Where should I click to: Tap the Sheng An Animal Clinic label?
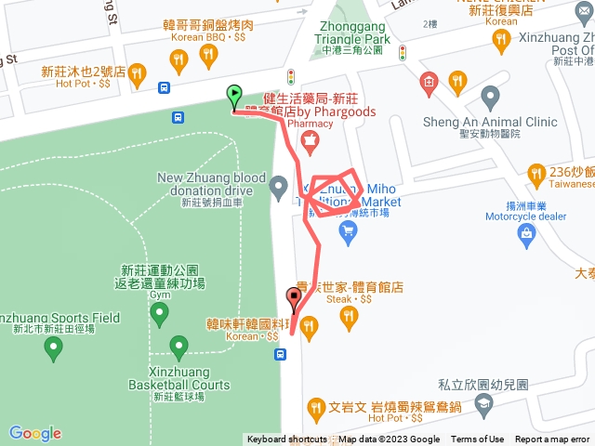(x=490, y=120)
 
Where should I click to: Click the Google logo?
(x=34, y=433)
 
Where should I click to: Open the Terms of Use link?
(x=477, y=439)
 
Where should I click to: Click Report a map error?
(x=552, y=439)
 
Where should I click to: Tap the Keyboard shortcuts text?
(x=286, y=439)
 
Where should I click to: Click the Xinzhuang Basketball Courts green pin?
(x=179, y=348)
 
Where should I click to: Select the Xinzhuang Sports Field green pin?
(x=53, y=349)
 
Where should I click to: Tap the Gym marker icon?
(x=159, y=315)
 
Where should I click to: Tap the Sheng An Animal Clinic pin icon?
(x=490, y=96)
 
